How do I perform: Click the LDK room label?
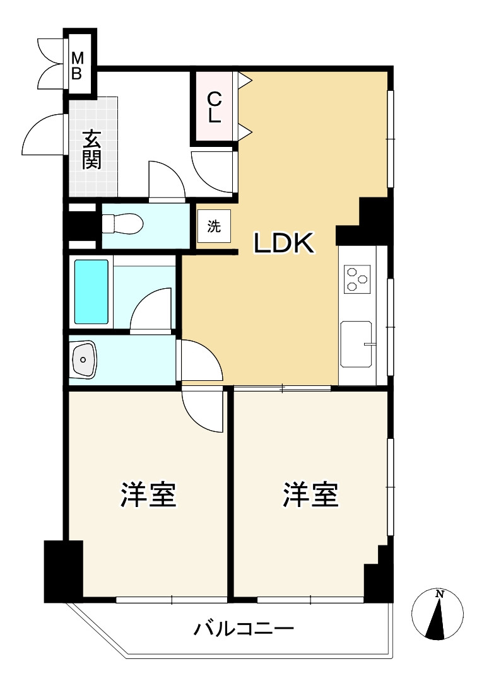tap(283, 243)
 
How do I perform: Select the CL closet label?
tap(215, 107)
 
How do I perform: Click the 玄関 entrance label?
tap(92, 149)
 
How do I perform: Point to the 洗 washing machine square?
tap(215, 227)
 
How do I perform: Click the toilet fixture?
tap(123, 224)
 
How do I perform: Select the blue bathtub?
tap(91, 291)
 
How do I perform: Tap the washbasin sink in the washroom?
tap(83, 359)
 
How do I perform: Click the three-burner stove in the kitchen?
tap(356, 279)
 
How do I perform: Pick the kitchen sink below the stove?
tap(356, 344)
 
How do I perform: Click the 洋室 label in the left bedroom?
tap(148, 495)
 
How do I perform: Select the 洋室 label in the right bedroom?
tap(310, 495)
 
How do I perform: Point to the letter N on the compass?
tap(440, 594)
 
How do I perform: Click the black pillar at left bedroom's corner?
tap(63, 570)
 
